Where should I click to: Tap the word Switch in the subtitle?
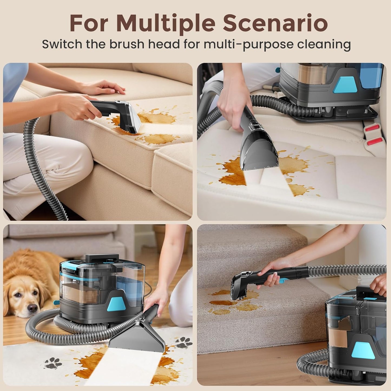pos(62,44)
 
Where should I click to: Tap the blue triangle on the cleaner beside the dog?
pos(114,303)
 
